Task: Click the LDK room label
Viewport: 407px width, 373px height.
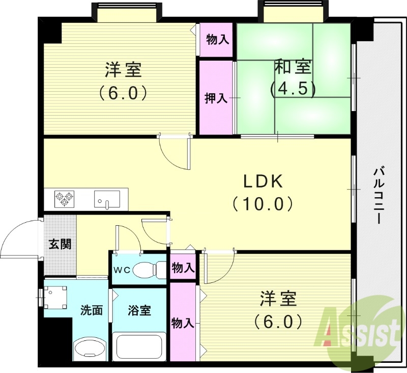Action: [x=263, y=181]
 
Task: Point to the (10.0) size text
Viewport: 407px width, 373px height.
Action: [x=263, y=204]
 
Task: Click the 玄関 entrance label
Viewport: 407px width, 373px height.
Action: [x=60, y=244]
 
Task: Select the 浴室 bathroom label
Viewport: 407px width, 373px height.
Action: [x=139, y=310]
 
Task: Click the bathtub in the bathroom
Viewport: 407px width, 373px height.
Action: [x=139, y=347]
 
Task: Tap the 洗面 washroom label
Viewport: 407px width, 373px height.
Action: [x=92, y=310]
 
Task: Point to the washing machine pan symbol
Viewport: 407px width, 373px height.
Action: [x=55, y=297]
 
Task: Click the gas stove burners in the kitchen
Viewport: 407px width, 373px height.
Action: [x=65, y=198]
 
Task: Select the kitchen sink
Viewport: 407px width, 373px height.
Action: [x=107, y=199]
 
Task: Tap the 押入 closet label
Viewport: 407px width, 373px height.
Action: [x=216, y=98]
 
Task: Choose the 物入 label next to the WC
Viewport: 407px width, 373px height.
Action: [x=183, y=268]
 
